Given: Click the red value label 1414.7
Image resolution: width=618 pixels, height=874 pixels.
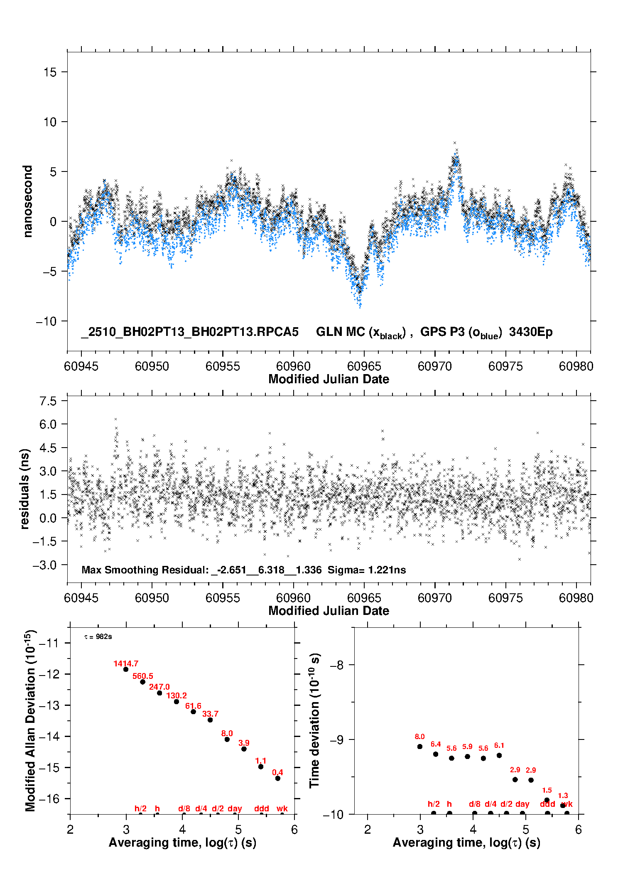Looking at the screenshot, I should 126,663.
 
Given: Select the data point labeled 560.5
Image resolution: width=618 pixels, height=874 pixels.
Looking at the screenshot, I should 142,682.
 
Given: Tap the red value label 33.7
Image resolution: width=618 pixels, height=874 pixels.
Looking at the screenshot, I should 210,714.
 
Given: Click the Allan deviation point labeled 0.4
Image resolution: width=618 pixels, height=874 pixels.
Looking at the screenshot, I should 277,778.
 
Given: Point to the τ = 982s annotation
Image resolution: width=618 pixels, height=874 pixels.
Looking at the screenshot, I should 98,637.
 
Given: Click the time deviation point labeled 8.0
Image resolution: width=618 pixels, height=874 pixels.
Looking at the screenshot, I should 419,747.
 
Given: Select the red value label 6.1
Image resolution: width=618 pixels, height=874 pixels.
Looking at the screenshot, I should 499,745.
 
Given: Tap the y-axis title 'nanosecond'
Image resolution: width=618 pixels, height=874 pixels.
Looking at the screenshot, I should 27,201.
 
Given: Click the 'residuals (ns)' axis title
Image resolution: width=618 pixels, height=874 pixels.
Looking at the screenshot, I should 25,489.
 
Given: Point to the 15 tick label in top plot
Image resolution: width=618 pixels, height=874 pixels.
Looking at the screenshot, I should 50,72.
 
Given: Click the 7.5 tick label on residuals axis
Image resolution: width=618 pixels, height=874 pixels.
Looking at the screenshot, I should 48,401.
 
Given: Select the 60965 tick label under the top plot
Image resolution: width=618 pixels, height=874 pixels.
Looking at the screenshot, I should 364,366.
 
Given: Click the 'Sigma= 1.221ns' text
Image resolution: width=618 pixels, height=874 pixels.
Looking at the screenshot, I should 367,570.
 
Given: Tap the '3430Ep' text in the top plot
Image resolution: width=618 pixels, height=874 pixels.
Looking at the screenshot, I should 531,332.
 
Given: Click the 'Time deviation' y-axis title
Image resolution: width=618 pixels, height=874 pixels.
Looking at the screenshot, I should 315,720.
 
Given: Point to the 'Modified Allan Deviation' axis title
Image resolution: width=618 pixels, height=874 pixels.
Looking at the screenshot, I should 30,720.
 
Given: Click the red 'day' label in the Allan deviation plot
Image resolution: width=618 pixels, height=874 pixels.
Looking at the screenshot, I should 235,808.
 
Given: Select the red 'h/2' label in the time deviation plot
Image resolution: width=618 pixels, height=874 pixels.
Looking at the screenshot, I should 434,804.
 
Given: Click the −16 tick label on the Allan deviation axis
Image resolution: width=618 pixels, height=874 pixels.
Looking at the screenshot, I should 49,798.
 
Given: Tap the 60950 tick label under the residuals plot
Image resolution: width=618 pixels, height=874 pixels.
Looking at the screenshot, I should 152,598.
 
